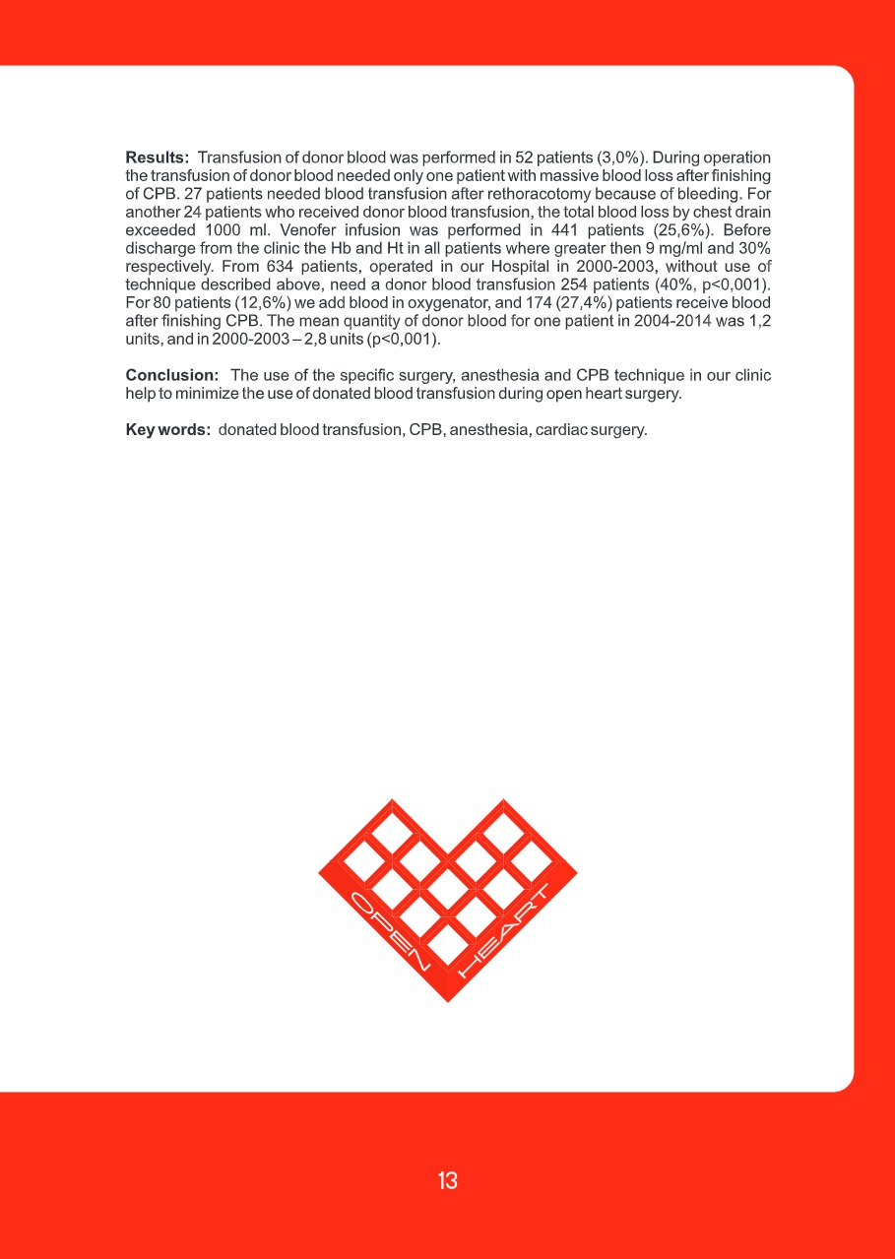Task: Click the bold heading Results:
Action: pyautogui.click(x=157, y=157)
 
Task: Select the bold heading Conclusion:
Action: pyautogui.click(x=171, y=376)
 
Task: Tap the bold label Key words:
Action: pyautogui.click(x=167, y=430)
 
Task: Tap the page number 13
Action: pyautogui.click(x=448, y=1181)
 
